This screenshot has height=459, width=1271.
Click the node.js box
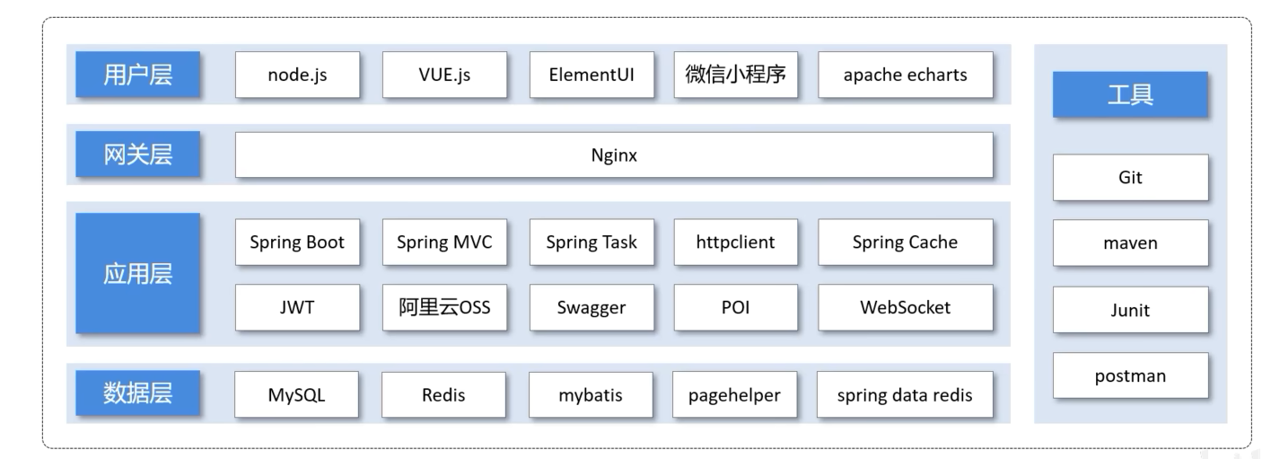point(297,75)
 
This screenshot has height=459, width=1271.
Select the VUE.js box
point(444,75)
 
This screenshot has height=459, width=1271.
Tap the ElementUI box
point(592,75)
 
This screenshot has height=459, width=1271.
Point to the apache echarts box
point(905,75)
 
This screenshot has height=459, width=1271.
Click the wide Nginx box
point(614,155)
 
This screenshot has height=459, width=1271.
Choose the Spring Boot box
point(297,242)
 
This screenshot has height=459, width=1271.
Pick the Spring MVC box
point(444,242)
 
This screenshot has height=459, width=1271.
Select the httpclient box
point(735,242)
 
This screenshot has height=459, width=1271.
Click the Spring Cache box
point(905,242)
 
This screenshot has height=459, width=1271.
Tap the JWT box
point(297,307)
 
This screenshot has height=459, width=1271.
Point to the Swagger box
point(592,307)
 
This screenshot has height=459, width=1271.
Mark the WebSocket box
point(905,307)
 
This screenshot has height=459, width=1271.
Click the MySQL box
point(296,395)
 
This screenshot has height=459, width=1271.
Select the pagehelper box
point(735,395)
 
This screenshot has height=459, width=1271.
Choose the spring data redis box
point(905,395)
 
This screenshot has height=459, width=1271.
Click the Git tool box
point(1130,177)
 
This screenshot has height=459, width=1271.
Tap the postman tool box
point(1130,375)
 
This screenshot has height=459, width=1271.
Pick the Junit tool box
point(1130,310)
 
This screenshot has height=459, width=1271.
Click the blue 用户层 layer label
point(137,75)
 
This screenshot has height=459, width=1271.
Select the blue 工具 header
point(1130,94)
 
